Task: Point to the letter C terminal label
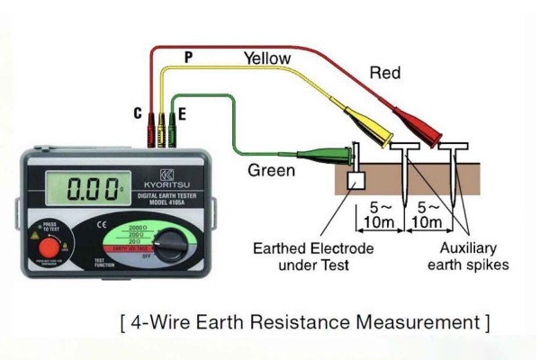click(x=137, y=113)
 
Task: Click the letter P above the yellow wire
click(x=188, y=58)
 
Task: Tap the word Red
click(x=384, y=72)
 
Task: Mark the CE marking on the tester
click(x=103, y=220)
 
